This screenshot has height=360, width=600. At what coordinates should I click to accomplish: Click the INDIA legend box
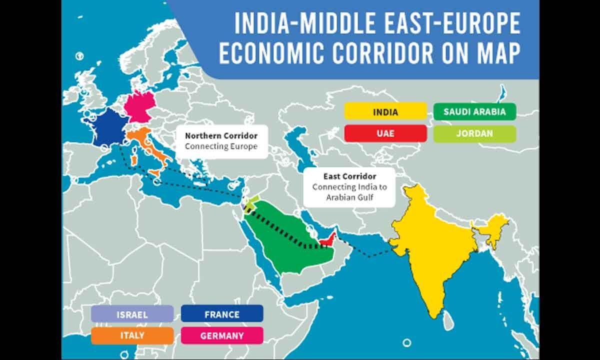[385, 111]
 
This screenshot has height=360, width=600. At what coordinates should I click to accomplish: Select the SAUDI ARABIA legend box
[474, 111]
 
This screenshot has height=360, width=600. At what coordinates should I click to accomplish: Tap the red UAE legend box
[385, 133]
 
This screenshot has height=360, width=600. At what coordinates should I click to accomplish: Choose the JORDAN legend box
[474, 133]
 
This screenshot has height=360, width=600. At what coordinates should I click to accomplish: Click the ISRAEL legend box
[132, 314]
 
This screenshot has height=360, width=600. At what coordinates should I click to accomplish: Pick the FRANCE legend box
[221, 314]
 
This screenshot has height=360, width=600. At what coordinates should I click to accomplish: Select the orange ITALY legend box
[132, 335]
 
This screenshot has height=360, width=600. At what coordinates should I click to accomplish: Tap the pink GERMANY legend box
[221, 335]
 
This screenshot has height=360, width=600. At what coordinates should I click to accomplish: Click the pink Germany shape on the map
[137, 106]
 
